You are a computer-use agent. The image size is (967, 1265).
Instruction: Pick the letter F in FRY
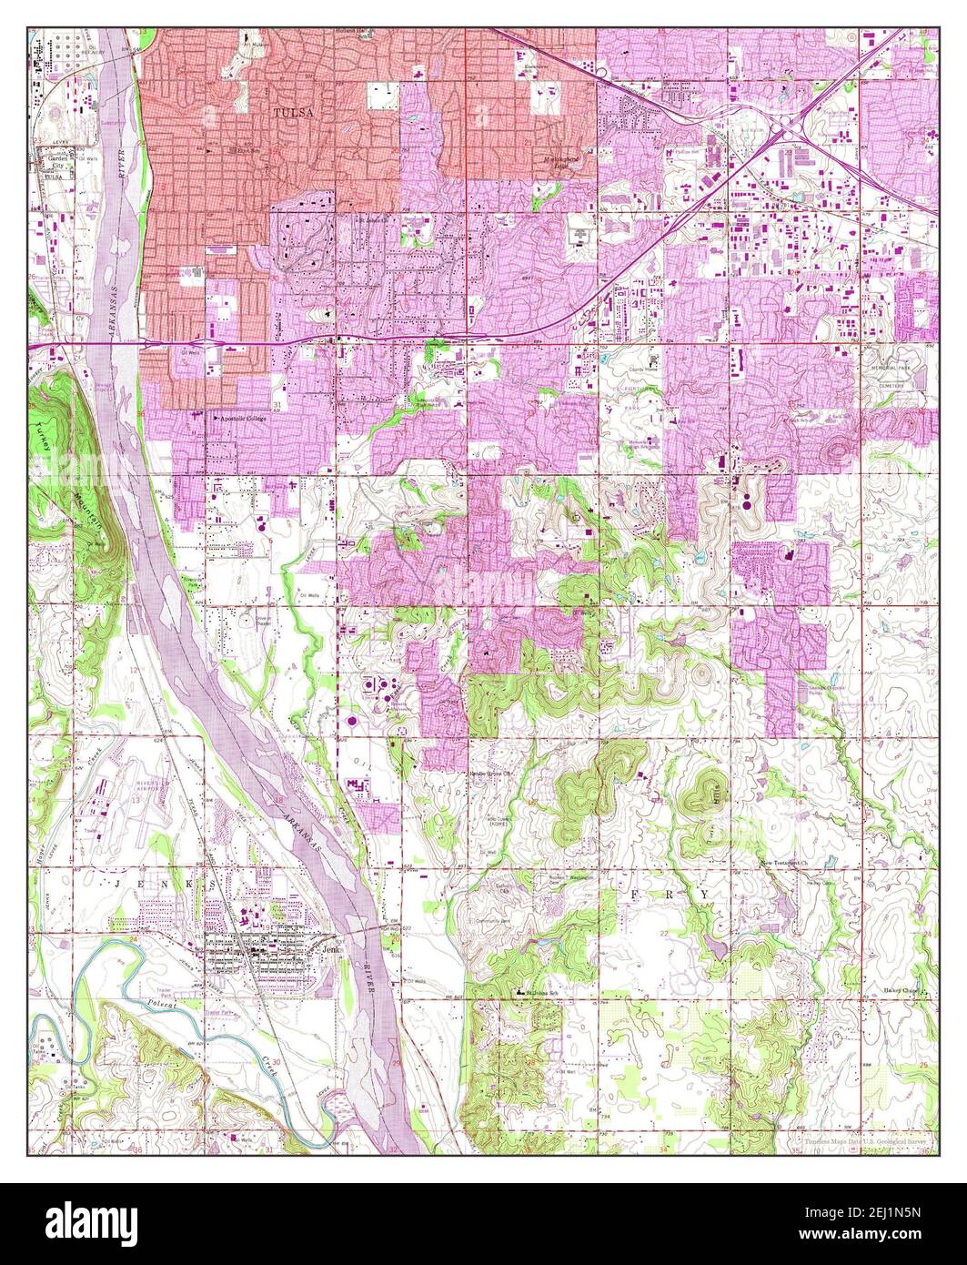[633, 896]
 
